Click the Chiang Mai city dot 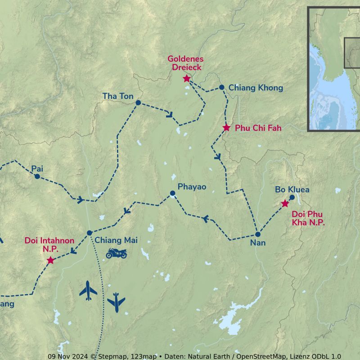pyautogui.click(x=90, y=233)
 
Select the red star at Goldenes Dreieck pyautogui.click(x=187, y=79)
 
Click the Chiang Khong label pyautogui.click(x=256, y=88)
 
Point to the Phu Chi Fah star pyautogui.click(x=226, y=128)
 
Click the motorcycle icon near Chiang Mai pyautogui.click(x=116, y=253)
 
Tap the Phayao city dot pyautogui.click(x=172, y=193)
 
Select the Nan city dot pyautogui.click(x=258, y=234)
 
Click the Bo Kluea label pyautogui.click(x=292, y=189)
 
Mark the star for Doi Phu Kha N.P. pyautogui.click(x=285, y=204)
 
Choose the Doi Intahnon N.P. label pyautogui.click(x=49, y=244)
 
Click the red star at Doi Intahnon pyautogui.click(x=50, y=261)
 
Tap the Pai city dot pyautogui.click(x=37, y=176)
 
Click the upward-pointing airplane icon pyautogui.click(x=88, y=291)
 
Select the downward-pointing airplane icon pyautogui.click(x=116, y=302)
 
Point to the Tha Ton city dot pyautogui.click(x=138, y=103)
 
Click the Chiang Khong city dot pyautogui.click(x=221, y=87)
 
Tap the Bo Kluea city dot pyautogui.click(x=292, y=197)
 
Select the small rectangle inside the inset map pyautogui.click(x=352, y=53)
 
